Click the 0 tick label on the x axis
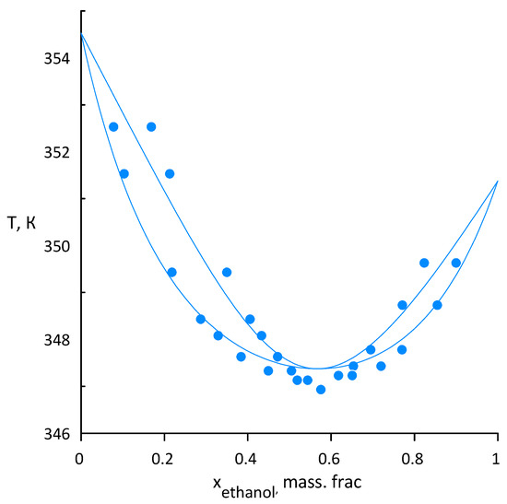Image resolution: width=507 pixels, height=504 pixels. pyautogui.click(x=81, y=458)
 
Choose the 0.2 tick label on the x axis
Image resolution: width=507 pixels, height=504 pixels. pyautogui.click(x=164, y=458)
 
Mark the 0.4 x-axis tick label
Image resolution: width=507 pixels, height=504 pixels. pyautogui.click(x=247, y=458)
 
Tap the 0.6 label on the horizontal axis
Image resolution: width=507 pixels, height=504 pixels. pyautogui.click(x=330, y=458)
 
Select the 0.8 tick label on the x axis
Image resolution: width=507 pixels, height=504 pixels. pyautogui.click(x=414, y=458)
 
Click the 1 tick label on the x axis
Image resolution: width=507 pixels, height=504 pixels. pyautogui.click(x=497, y=458)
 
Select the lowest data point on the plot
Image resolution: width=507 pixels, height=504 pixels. pyautogui.click(x=321, y=389)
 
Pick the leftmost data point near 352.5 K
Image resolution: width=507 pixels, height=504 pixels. pyautogui.click(x=113, y=127)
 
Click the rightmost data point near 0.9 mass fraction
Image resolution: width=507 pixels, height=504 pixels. pyautogui.click(x=455, y=263)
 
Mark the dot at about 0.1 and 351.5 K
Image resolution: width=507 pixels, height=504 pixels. pyautogui.click(x=124, y=173)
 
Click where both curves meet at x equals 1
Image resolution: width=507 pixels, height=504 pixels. pyautogui.click(x=497, y=182)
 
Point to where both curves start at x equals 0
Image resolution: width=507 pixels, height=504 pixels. pyautogui.click(x=81, y=34)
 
